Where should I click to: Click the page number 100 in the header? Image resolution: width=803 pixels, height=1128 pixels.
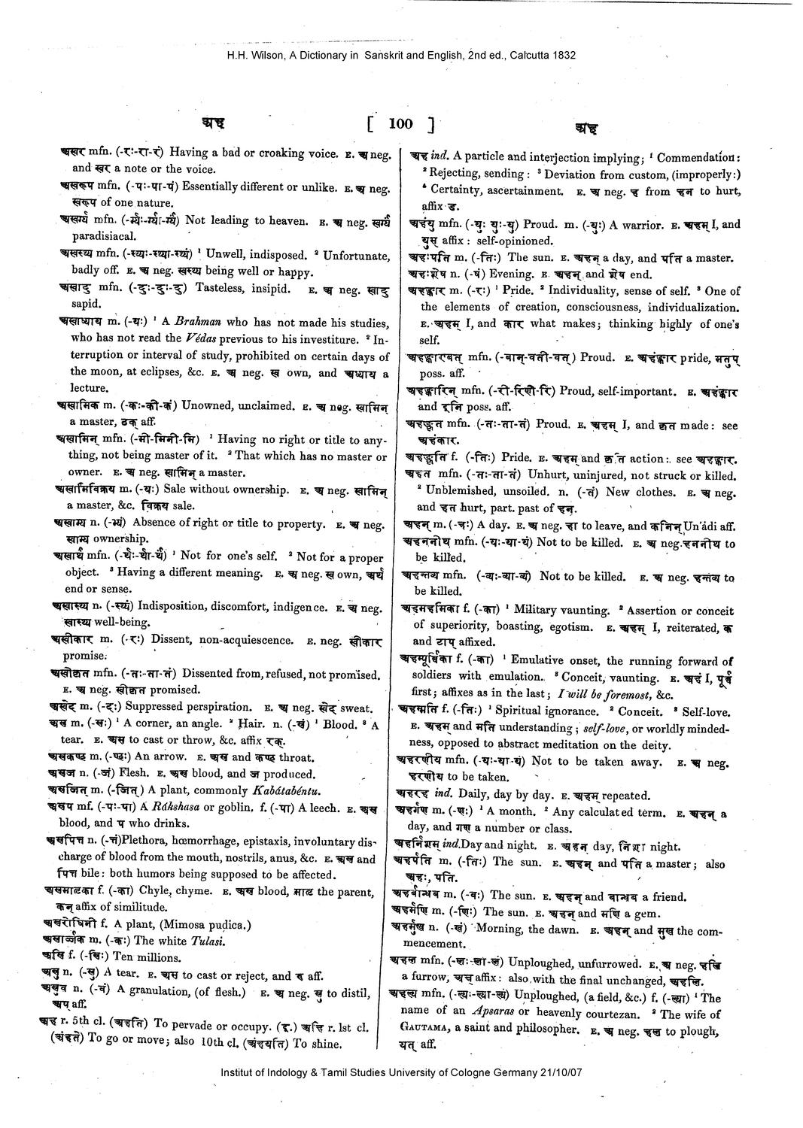tap(400, 123)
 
